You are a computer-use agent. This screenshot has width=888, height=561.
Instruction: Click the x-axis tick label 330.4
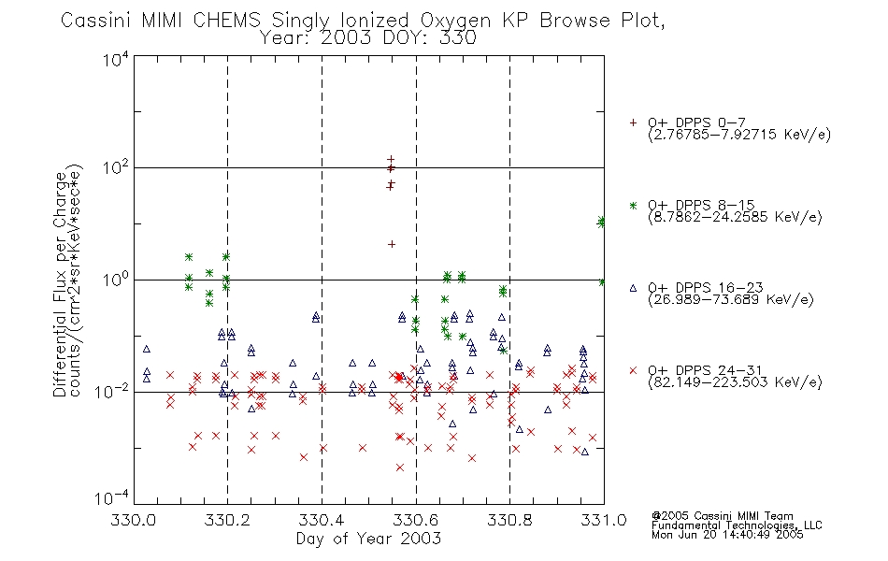point(322,520)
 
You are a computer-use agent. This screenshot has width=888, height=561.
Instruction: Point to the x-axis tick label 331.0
point(604,520)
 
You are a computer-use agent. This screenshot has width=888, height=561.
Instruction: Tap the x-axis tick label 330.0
point(134,520)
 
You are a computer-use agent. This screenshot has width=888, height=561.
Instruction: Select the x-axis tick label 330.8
point(509,520)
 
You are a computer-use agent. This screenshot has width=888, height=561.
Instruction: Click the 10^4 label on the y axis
point(116,59)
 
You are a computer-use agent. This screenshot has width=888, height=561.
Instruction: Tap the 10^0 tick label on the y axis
point(116,280)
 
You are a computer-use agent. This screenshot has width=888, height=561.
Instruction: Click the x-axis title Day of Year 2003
point(368,539)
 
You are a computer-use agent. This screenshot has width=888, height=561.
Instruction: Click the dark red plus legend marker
point(633,122)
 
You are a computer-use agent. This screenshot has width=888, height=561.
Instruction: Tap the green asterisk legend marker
point(633,205)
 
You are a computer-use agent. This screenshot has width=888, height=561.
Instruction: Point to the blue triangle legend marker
point(633,288)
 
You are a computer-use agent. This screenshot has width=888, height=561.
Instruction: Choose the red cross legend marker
point(633,370)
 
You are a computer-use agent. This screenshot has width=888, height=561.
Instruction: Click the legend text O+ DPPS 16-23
point(705,288)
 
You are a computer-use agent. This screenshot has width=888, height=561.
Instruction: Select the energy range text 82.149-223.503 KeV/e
point(735,382)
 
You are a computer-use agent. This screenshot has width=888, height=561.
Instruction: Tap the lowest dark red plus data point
point(392,244)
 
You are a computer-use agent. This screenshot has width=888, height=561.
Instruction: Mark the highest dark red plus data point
point(391,160)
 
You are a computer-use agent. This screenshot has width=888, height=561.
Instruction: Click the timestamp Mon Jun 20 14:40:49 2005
point(727,535)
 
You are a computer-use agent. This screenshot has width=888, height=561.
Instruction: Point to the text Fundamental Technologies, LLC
point(737,525)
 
